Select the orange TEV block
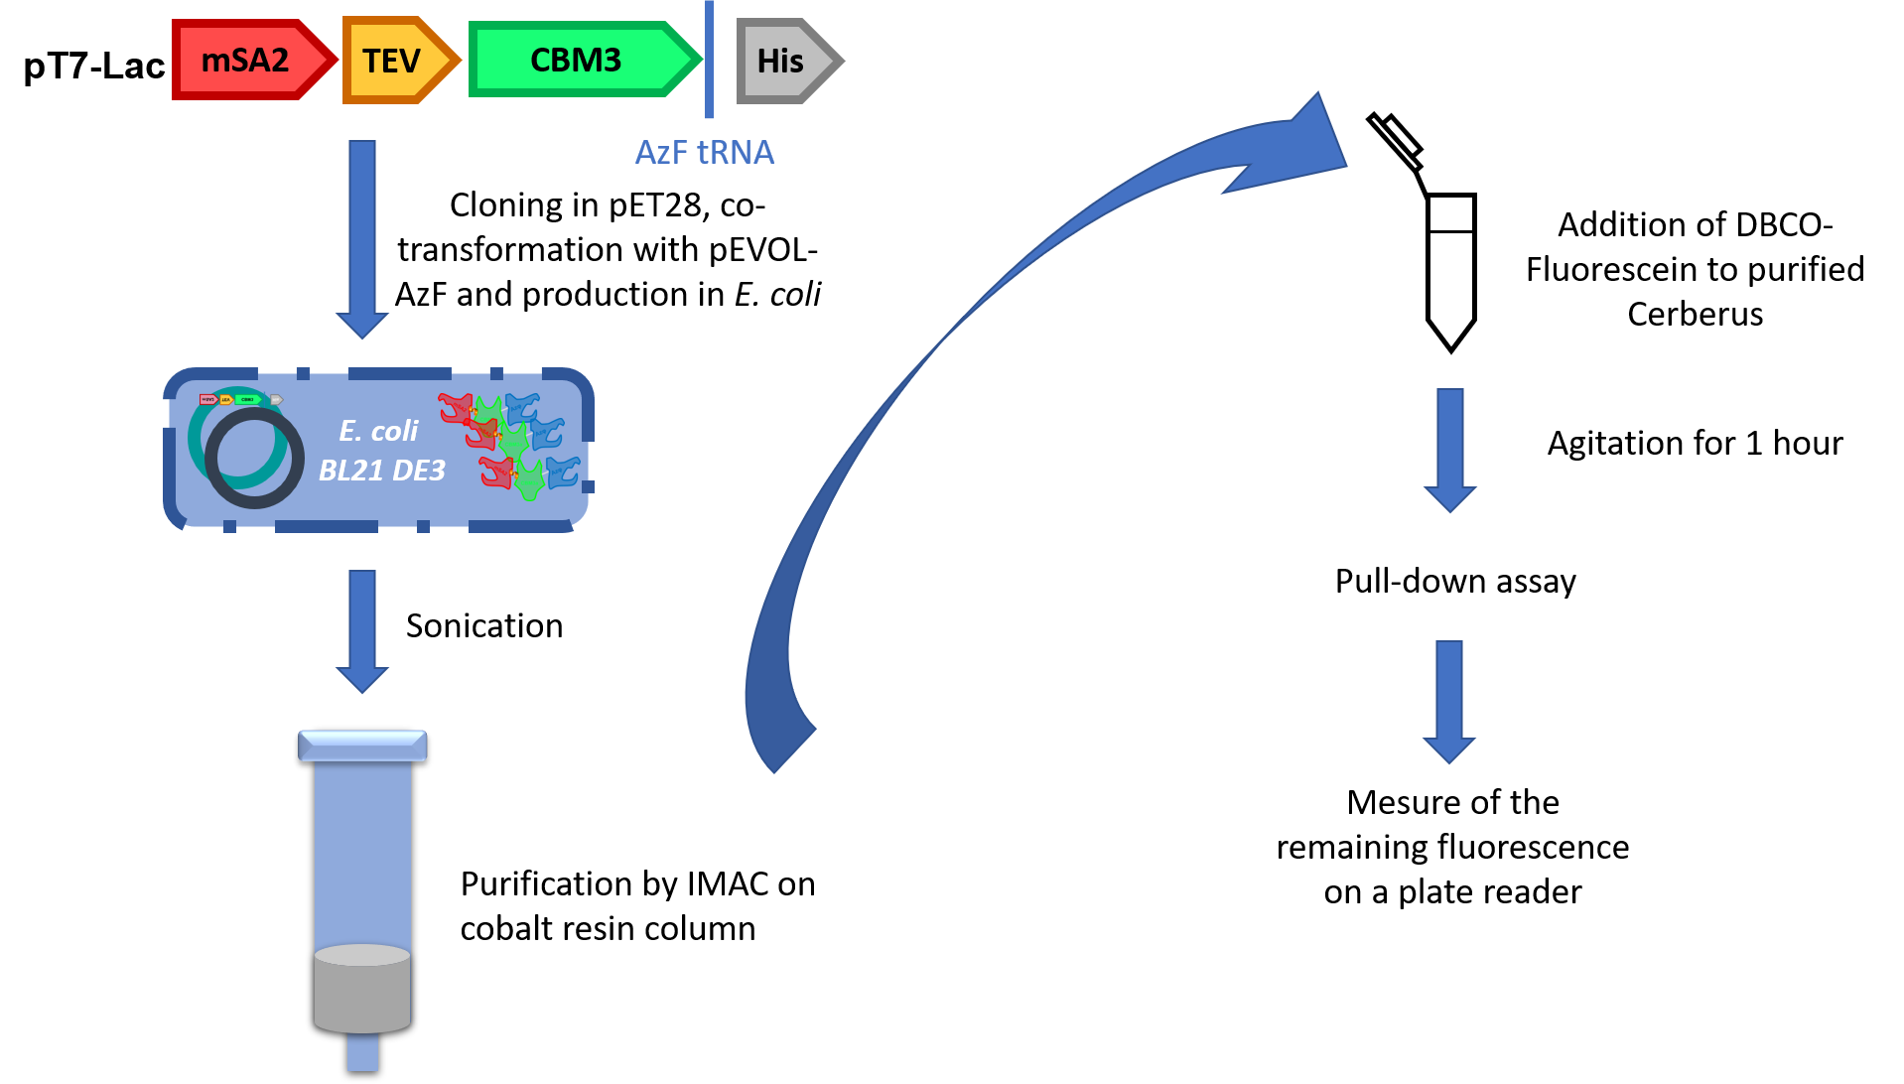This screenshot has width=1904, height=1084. click(x=393, y=61)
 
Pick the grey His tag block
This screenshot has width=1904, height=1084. click(x=781, y=61)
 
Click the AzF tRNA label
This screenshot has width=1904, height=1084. click(x=704, y=152)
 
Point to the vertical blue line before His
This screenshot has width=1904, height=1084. click(x=709, y=60)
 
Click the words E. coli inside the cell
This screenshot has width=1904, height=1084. click(x=378, y=431)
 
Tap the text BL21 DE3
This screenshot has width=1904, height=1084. click(x=381, y=471)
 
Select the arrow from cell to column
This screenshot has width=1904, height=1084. click(x=362, y=629)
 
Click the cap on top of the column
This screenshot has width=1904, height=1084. click(x=362, y=745)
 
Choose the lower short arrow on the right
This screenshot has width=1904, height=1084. click(x=1449, y=701)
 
